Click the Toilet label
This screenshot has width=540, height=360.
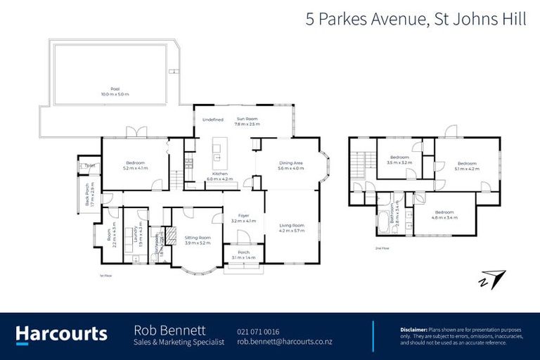click(89, 165)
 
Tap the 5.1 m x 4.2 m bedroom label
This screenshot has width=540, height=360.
click(467, 166)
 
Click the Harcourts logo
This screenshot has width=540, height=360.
click(61, 334)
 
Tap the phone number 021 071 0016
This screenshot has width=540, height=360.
click(258, 331)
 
